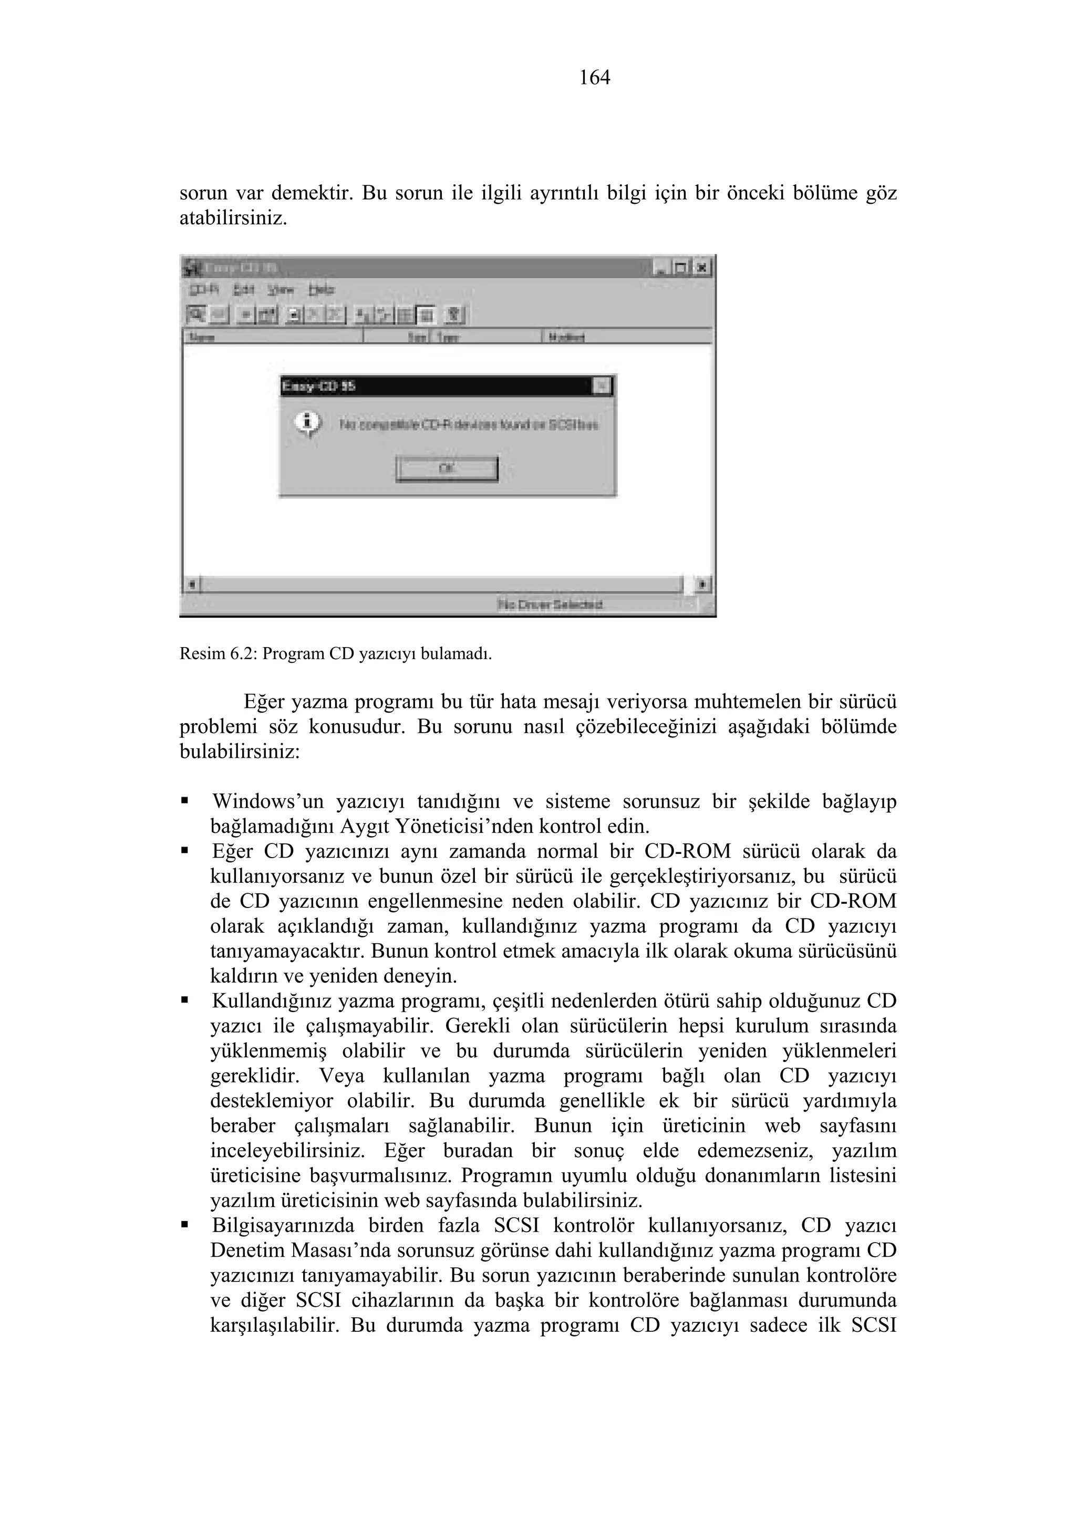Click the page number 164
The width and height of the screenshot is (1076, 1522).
(x=594, y=78)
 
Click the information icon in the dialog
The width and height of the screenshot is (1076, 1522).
(x=308, y=422)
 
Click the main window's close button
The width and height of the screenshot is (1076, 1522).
(x=703, y=268)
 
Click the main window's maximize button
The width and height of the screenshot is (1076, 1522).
(x=681, y=268)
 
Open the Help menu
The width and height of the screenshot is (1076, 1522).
(x=321, y=290)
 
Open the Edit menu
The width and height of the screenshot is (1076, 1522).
(x=243, y=290)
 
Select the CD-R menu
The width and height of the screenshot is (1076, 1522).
(x=204, y=290)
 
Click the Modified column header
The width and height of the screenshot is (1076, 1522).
(x=567, y=337)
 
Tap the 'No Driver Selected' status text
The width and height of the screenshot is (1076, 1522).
(x=550, y=604)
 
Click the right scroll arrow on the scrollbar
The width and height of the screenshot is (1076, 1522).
(x=703, y=585)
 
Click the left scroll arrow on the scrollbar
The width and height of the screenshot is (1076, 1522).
(x=192, y=585)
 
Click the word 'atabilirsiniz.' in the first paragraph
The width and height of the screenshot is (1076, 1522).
(x=233, y=218)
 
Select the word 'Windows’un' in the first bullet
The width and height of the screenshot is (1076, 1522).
(x=268, y=802)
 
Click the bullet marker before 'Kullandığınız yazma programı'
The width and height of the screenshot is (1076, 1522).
(x=184, y=1000)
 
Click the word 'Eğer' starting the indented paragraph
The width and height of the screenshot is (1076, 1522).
(x=263, y=701)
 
